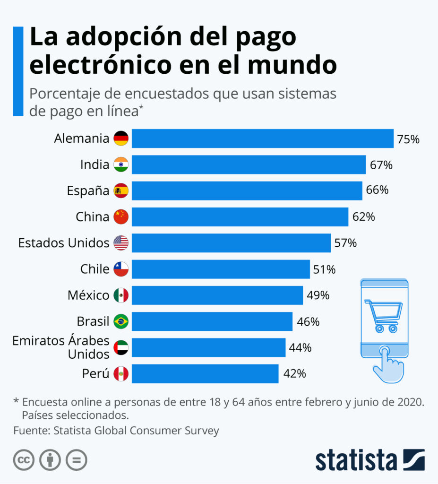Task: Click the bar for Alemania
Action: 262,138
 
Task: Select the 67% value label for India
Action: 381,165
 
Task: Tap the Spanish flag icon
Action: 121,190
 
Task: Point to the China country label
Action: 92,217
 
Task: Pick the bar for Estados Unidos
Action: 231,243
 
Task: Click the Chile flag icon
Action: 121,269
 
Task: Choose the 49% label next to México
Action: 318,295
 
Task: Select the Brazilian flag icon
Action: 121,322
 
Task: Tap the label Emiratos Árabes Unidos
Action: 61,347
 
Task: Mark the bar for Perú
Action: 205,373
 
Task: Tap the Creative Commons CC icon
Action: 24,460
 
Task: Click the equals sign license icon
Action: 77,460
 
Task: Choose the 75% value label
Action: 408,139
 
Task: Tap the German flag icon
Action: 121,138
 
